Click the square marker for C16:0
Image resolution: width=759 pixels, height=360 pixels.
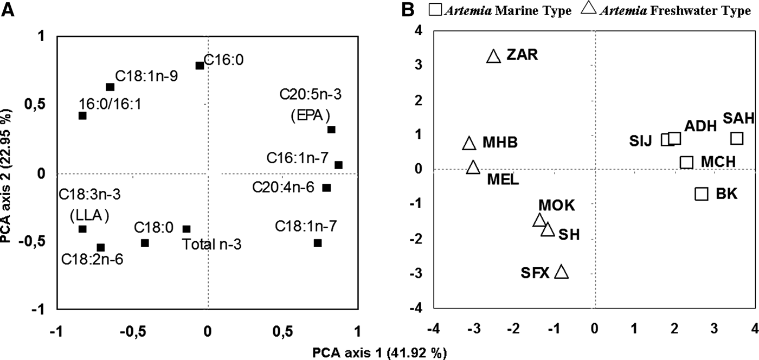coord(200,66)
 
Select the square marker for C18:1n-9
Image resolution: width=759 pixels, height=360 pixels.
coord(110,87)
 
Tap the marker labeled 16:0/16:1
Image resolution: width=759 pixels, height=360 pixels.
coord(82,115)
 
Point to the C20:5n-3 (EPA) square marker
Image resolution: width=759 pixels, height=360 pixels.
coord(331,130)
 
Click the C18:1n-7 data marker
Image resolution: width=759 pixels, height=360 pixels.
coord(318,243)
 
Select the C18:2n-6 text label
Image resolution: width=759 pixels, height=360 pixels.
coord(92,259)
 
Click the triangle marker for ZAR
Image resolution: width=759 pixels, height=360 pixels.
coord(493,56)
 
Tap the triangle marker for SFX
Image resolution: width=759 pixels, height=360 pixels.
coord(562,272)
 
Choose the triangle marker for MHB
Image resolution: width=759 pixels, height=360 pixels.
coord(469,143)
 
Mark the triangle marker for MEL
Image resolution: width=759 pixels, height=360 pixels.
coord(473,167)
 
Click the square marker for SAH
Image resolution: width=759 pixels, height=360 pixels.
coord(736,138)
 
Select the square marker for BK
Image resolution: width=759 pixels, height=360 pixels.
coord(702,194)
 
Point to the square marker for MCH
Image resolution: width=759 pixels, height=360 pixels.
coord(686,162)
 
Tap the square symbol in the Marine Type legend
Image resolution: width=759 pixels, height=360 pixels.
coord(435,10)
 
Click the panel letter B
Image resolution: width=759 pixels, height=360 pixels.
coord(410,11)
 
